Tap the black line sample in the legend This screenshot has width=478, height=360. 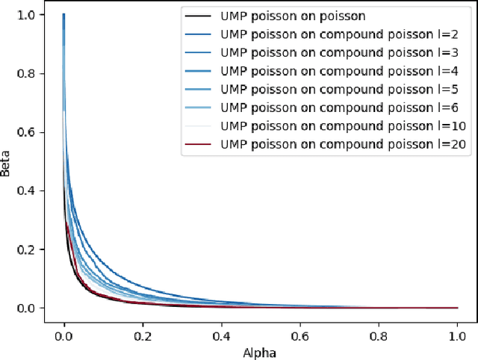tap(200, 16)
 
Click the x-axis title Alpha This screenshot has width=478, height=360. tap(261, 353)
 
